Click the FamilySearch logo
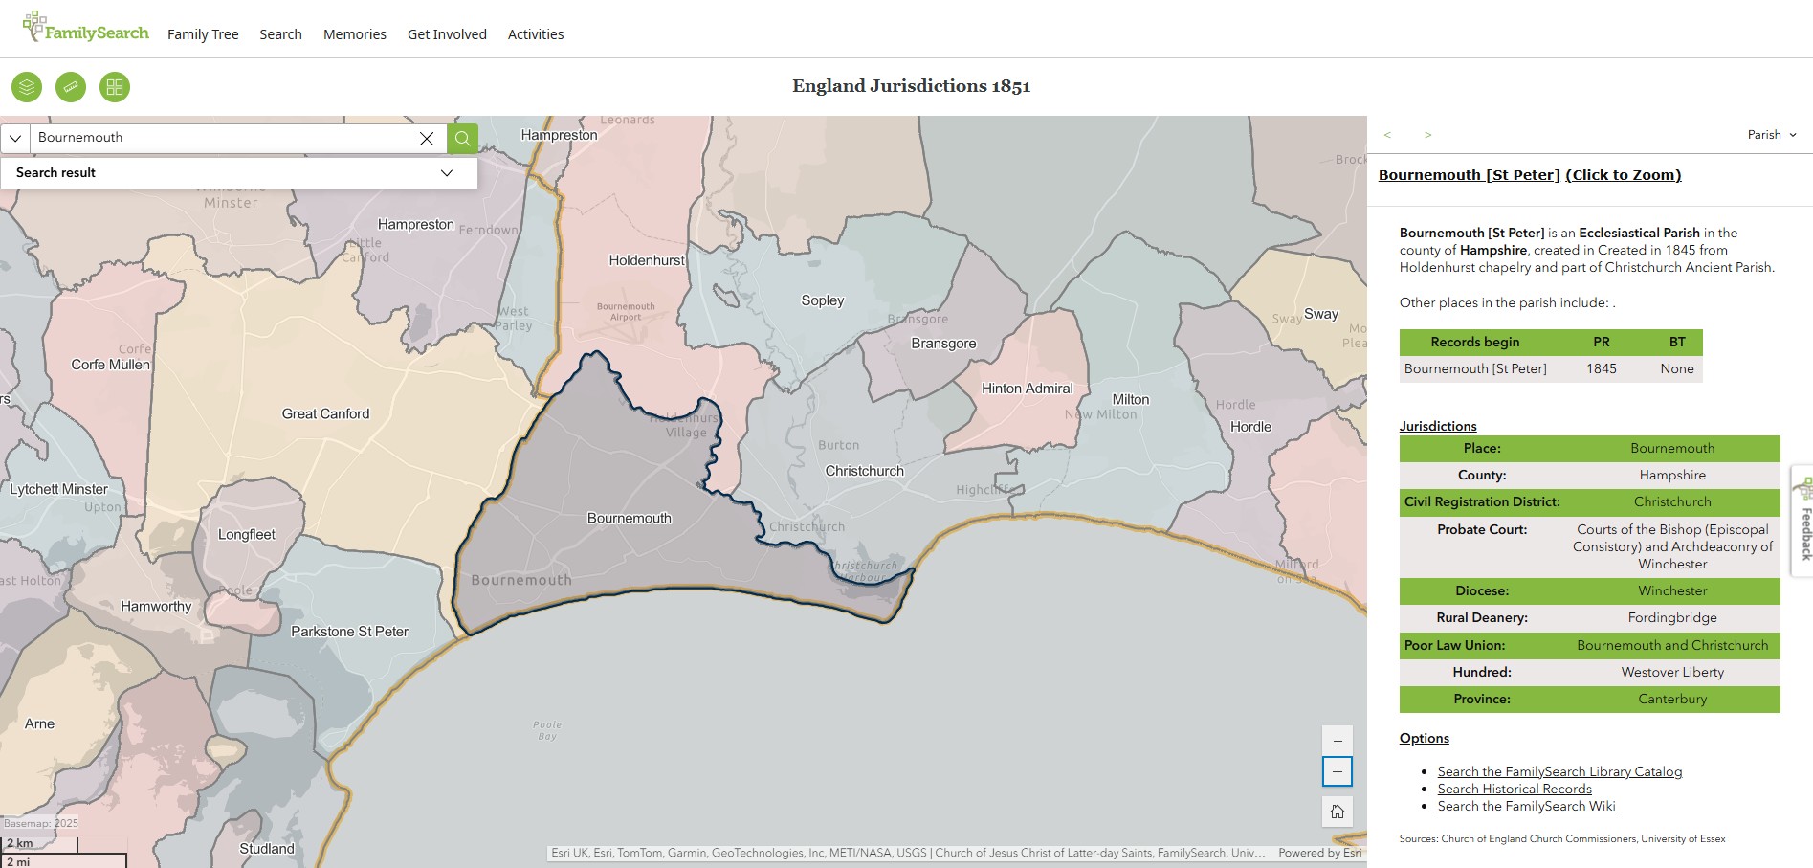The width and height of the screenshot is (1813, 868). pos(85,29)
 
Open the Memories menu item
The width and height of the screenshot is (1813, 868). pos(354,34)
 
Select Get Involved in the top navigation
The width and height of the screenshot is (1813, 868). pos(447,34)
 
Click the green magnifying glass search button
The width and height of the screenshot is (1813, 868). pos(462,138)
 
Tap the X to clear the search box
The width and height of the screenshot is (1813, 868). pos(427,138)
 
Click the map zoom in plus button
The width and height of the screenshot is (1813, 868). pos(1337,741)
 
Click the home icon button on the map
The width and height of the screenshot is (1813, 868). pos(1337,812)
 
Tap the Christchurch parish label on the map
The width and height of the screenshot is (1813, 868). pos(864,471)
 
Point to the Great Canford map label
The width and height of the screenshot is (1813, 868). pos(325,413)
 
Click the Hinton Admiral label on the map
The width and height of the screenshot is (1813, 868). pos(1027,389)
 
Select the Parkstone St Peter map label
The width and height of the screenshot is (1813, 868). pos(349,632)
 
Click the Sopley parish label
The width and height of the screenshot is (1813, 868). pos(822,300)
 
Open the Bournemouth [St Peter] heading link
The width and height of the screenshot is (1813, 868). pos(1469,175)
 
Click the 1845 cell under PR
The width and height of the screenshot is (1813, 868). pos(1601,368)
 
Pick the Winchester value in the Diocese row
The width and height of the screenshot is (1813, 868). pos(1671,590)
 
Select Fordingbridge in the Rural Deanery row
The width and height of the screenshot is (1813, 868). pos(1671,617)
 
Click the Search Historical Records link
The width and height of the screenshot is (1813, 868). pos(1514,789)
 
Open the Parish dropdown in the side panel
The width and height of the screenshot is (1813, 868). pos(1771,135)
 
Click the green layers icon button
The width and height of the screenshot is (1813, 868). pos(27,87)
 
